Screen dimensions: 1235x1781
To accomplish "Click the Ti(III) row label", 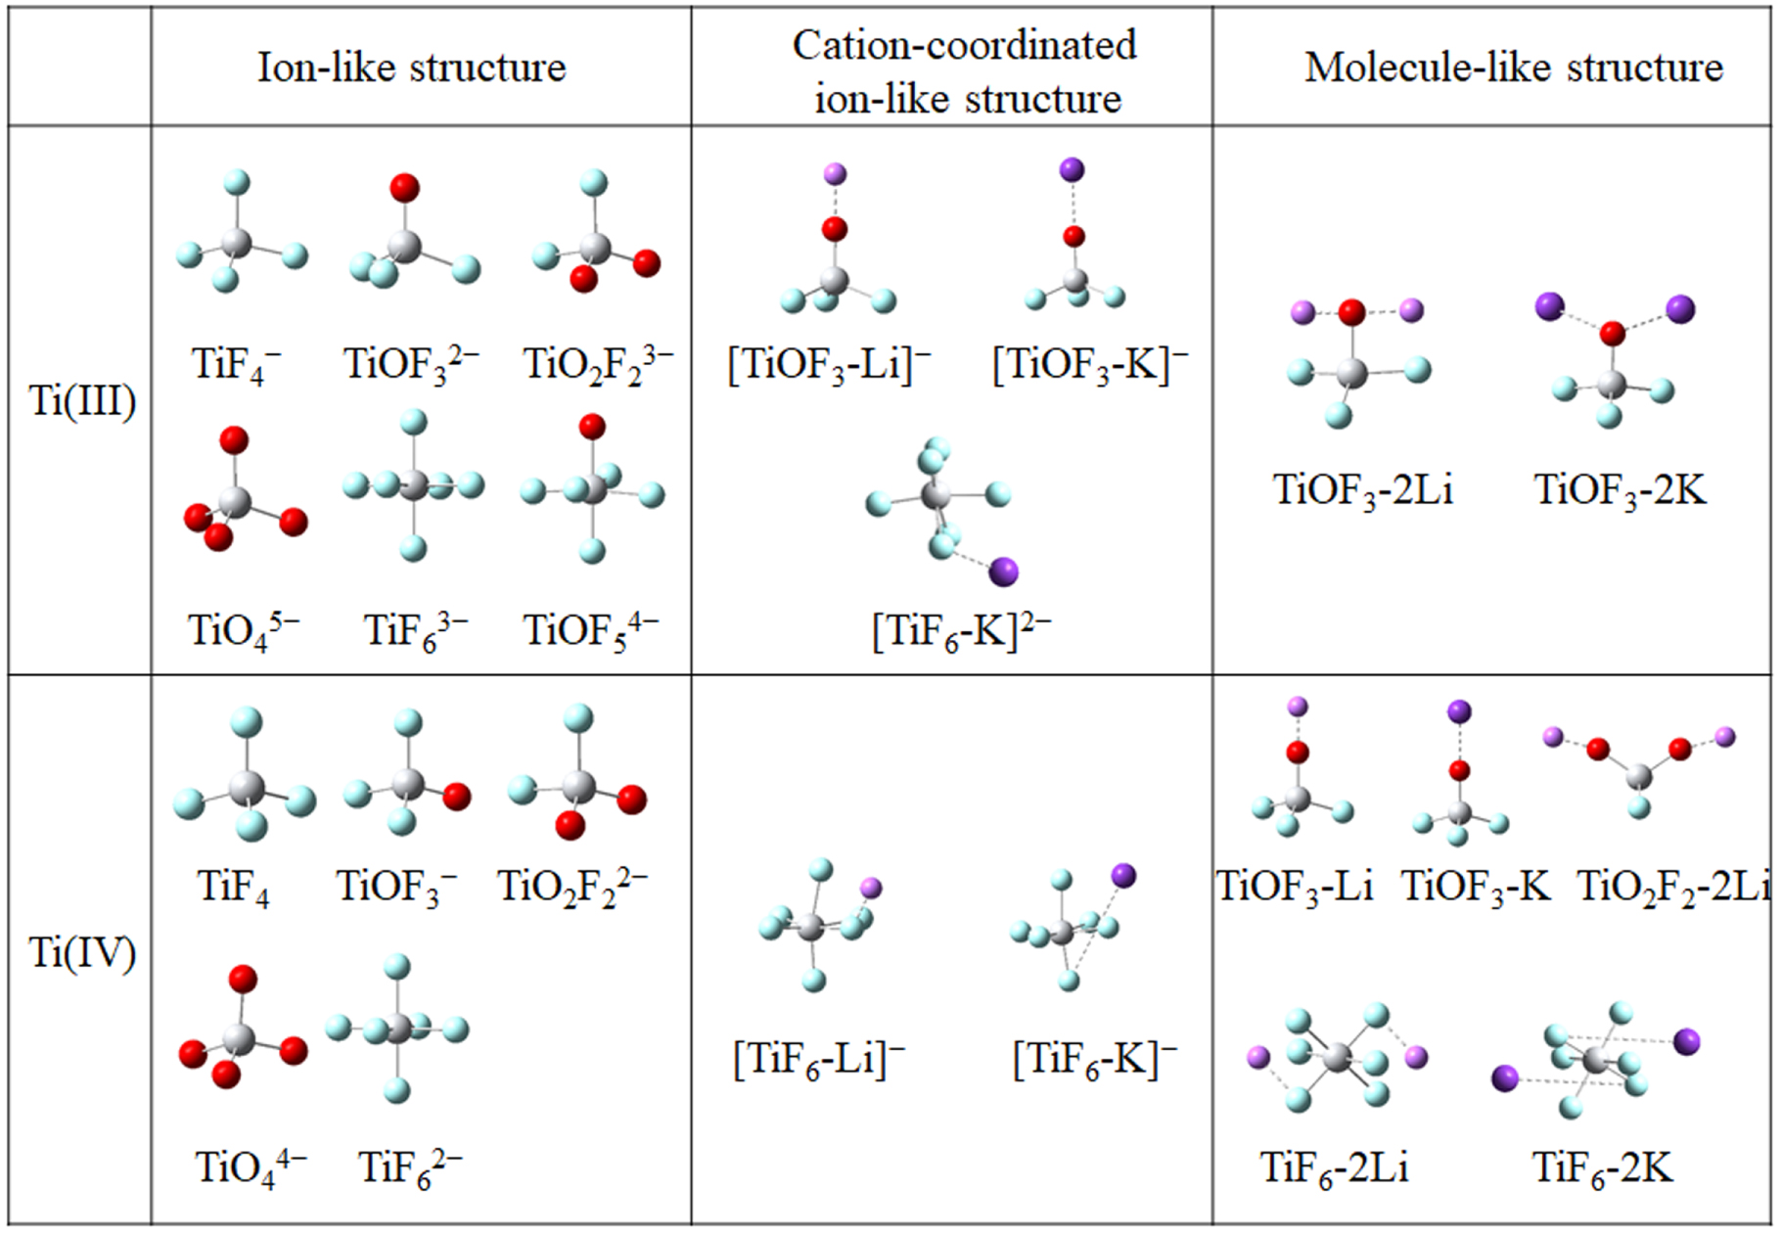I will coord(82,401).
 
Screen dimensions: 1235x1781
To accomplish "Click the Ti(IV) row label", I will coord(82,952).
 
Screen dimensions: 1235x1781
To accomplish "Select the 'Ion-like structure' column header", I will coord(411,68).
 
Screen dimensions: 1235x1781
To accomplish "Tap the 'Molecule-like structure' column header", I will coord(1513,68).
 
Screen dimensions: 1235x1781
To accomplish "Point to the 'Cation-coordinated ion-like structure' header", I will coord(965,71).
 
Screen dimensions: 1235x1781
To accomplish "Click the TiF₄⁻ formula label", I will coord(236,365).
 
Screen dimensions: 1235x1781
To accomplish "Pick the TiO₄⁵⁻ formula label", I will coord(244,631).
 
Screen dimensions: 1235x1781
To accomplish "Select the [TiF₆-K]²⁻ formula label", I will coord(961,631).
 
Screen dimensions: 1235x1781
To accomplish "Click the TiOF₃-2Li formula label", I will coord(1362,489).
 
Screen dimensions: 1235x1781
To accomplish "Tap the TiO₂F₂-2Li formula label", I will coord(1673,887).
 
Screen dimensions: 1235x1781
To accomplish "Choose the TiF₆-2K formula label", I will coord(1602,1167).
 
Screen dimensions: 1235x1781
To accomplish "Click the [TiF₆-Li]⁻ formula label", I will coord(819,1059).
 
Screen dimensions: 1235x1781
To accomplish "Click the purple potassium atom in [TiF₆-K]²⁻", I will coord(1004,572).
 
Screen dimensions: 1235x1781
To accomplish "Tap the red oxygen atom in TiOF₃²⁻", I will coord(404,188).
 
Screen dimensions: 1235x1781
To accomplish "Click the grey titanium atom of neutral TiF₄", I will coord(246,787).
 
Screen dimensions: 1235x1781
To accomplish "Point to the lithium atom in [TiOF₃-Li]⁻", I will coord(835,174).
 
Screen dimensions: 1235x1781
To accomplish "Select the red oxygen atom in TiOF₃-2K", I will coord(1612,335).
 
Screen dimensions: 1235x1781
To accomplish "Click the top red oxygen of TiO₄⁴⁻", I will coord(242,979).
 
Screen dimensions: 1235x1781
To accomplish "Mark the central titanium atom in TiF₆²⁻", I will coord(398,1029).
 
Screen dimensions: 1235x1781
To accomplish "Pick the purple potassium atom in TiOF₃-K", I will coord(1458,711).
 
